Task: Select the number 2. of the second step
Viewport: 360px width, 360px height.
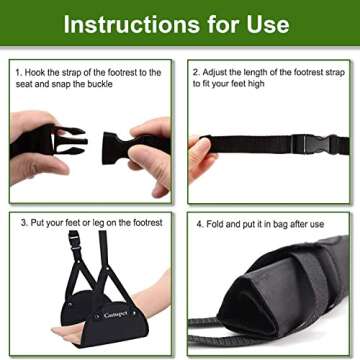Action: pyautogui.click(x=196, y=73)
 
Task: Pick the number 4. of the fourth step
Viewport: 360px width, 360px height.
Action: pyautogui.click(x=200, y=223)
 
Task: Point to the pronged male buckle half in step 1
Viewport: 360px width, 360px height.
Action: pyautogui.click(x=66, y=140)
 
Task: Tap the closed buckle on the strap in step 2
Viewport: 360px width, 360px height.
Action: pyautogui.click(x=313, y=143)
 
